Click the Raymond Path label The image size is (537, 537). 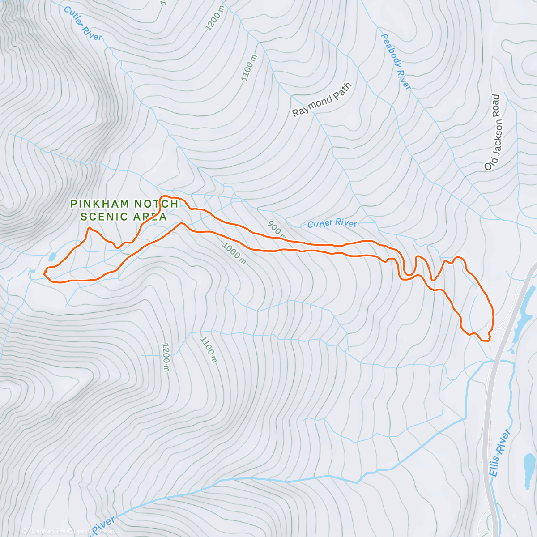322,100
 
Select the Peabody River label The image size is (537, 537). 396,61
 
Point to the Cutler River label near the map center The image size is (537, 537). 332,223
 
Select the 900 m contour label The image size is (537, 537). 276,229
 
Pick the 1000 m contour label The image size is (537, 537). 234,253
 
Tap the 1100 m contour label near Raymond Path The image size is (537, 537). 249,68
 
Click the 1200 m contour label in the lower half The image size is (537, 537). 166,357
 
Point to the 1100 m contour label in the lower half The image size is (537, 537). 209,349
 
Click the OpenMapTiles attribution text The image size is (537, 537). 47,531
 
